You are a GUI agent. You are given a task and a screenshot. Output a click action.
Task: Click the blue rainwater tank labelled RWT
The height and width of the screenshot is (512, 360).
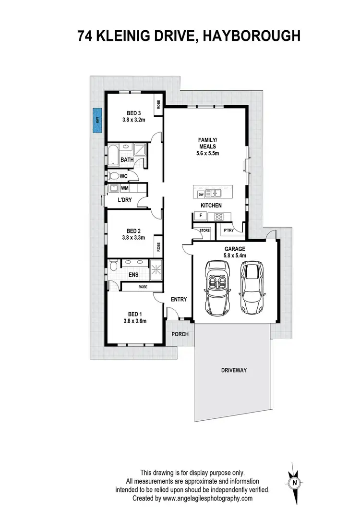click(97, 120)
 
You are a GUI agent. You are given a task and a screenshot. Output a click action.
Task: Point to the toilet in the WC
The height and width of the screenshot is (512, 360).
click(114, 176)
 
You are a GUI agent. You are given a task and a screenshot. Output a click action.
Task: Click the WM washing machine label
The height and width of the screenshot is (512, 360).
click(125, 188)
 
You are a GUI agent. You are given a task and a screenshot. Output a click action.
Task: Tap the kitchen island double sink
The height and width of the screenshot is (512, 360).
click(212, 194)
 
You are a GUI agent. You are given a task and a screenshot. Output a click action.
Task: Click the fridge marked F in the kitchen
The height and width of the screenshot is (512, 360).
click(200, 216)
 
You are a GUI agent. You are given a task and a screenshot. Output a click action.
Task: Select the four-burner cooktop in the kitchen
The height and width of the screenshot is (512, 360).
click(225, 216)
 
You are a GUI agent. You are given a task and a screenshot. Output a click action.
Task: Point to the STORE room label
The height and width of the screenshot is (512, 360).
click(204, 231)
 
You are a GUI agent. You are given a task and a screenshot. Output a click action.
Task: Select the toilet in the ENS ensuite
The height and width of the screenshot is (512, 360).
click(112, 266)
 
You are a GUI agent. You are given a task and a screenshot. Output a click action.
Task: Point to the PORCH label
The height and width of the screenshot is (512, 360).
click(180, 334)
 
